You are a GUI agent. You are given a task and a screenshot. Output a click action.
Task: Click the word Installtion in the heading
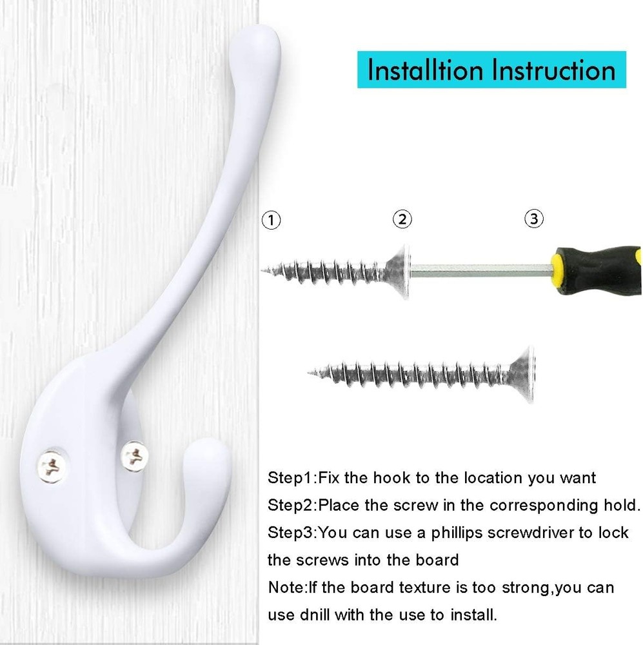click(425, 70)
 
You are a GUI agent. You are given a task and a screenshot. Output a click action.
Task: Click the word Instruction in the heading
click(554, 70)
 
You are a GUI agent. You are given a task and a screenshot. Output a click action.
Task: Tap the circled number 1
click(271, 220)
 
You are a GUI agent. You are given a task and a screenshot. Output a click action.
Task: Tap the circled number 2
click(402, 219)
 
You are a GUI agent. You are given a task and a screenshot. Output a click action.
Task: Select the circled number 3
click(533, 219)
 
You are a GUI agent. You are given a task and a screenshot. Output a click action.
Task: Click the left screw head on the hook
click(52, 466)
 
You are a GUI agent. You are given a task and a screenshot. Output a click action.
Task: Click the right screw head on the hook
click(135, 456)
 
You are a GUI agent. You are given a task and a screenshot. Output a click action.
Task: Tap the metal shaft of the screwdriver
click(480, 270)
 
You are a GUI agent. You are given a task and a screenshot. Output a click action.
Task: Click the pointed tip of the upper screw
click(262, 270)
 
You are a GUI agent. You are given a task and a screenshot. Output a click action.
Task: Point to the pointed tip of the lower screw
click(310, 373)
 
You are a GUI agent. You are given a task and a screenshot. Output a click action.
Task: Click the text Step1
click(291, 478)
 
